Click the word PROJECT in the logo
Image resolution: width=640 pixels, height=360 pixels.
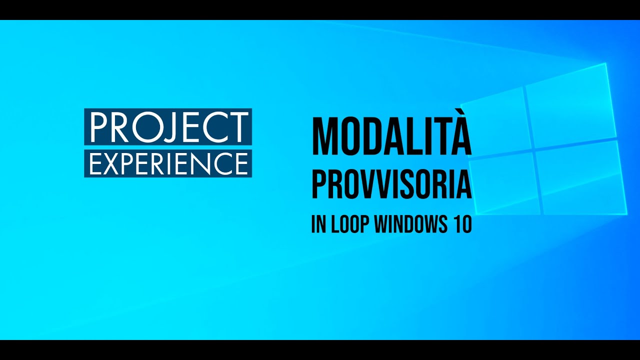(168, 127)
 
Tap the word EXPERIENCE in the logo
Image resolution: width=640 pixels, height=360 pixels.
(168, 163)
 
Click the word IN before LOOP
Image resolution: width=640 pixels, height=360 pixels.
(318, 225)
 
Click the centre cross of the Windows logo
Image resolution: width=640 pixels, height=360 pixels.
(532, 148)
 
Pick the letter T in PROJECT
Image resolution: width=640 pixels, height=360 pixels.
(238, 127)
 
